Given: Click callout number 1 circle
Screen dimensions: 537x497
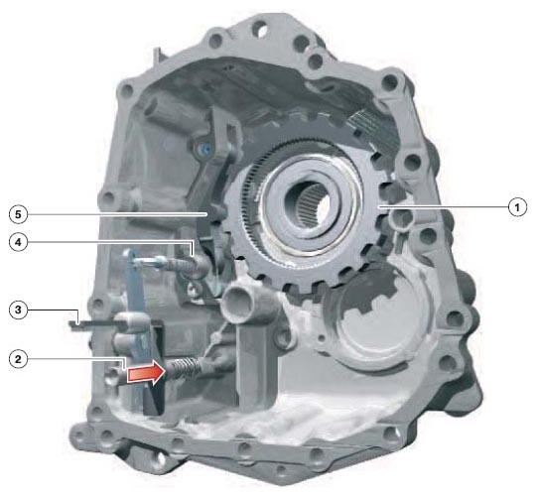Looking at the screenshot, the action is (517, 207).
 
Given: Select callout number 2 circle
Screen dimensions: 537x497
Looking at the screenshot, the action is (18, 359).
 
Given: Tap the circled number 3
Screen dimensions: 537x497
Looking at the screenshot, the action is (18, 311).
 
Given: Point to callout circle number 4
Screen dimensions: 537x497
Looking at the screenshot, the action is (18, 242).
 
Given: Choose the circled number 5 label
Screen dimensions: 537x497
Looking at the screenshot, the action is (18, 214).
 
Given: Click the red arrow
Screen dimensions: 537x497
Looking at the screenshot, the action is (146, 372).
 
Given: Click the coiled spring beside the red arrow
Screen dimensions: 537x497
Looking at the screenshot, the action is (183, 368).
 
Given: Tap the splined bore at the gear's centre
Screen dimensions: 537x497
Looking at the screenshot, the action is (309, 204).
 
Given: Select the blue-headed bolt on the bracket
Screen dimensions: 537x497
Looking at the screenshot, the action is (205, 149).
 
